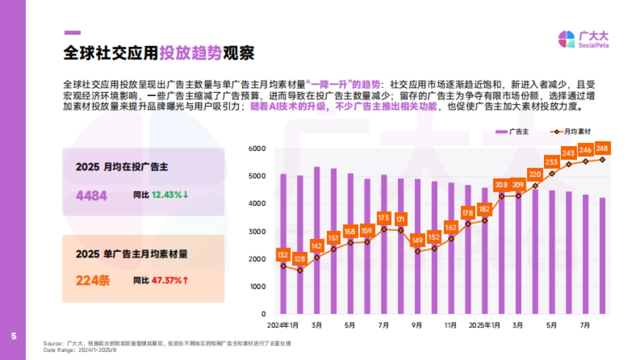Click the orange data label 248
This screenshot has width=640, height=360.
602,148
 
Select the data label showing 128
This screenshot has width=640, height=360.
300,259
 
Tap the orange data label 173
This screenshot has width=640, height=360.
383,218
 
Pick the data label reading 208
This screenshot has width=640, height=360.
501,185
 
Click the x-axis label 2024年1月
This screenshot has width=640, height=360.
283,325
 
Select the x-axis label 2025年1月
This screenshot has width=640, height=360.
484,325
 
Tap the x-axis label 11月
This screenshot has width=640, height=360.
451,325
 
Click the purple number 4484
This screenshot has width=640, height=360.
92,196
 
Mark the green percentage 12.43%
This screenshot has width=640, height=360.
166,195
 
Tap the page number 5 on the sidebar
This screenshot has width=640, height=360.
13,336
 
